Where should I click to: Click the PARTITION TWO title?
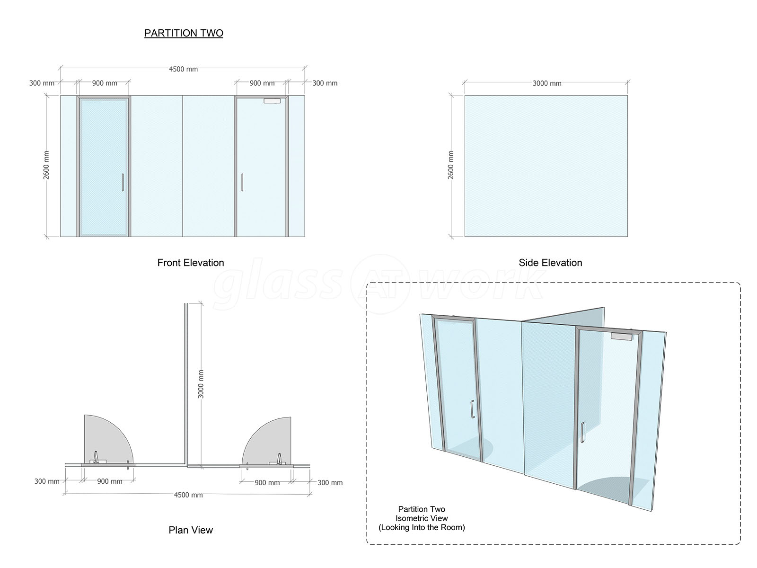coord(184,33)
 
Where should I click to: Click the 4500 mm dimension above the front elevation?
coord(183,69)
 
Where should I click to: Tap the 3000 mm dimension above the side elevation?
coord(547,83)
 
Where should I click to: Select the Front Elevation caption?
coord(191,263)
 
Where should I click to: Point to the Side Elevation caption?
coord(550,263)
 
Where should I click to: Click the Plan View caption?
coord(191,530)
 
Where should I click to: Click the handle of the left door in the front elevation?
coord(123,182)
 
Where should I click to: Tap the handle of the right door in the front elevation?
coord(242,182)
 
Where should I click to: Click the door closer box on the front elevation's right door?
coord(272,101)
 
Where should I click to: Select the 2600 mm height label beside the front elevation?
coord(46,165)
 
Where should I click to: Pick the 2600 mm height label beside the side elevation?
coord(450,165)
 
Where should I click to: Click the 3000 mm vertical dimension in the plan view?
coord(201,384)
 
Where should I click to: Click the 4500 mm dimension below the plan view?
coord(188,495)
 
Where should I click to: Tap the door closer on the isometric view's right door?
coord(621,336)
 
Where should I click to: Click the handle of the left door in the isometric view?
coord(473,409)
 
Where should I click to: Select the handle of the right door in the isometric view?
coord(582,432)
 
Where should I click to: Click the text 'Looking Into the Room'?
coord(422,527)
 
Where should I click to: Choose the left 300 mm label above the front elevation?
coord(42,83)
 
